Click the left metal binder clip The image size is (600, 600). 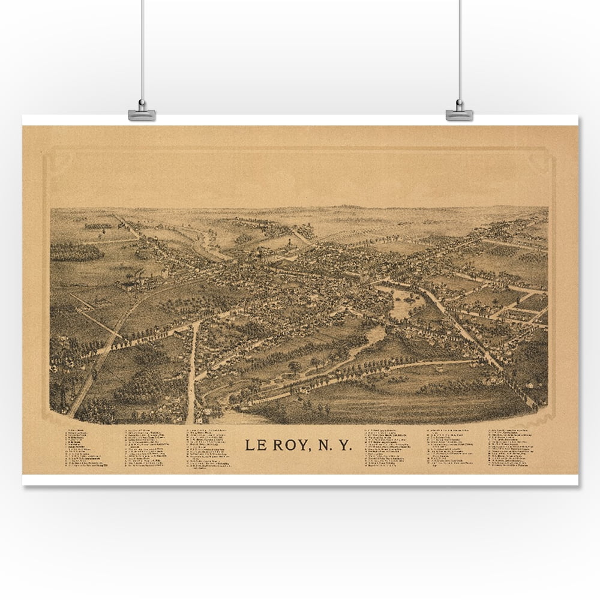tap(142, 114)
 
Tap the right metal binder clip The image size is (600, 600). tap(459, 114)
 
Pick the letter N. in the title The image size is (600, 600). tap(325, 446)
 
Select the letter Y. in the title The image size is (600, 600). tap(347, 446)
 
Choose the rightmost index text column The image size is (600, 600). tap(511, 448)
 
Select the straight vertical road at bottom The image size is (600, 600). tap(192, 372)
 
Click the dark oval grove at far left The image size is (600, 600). tap(76, 252)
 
